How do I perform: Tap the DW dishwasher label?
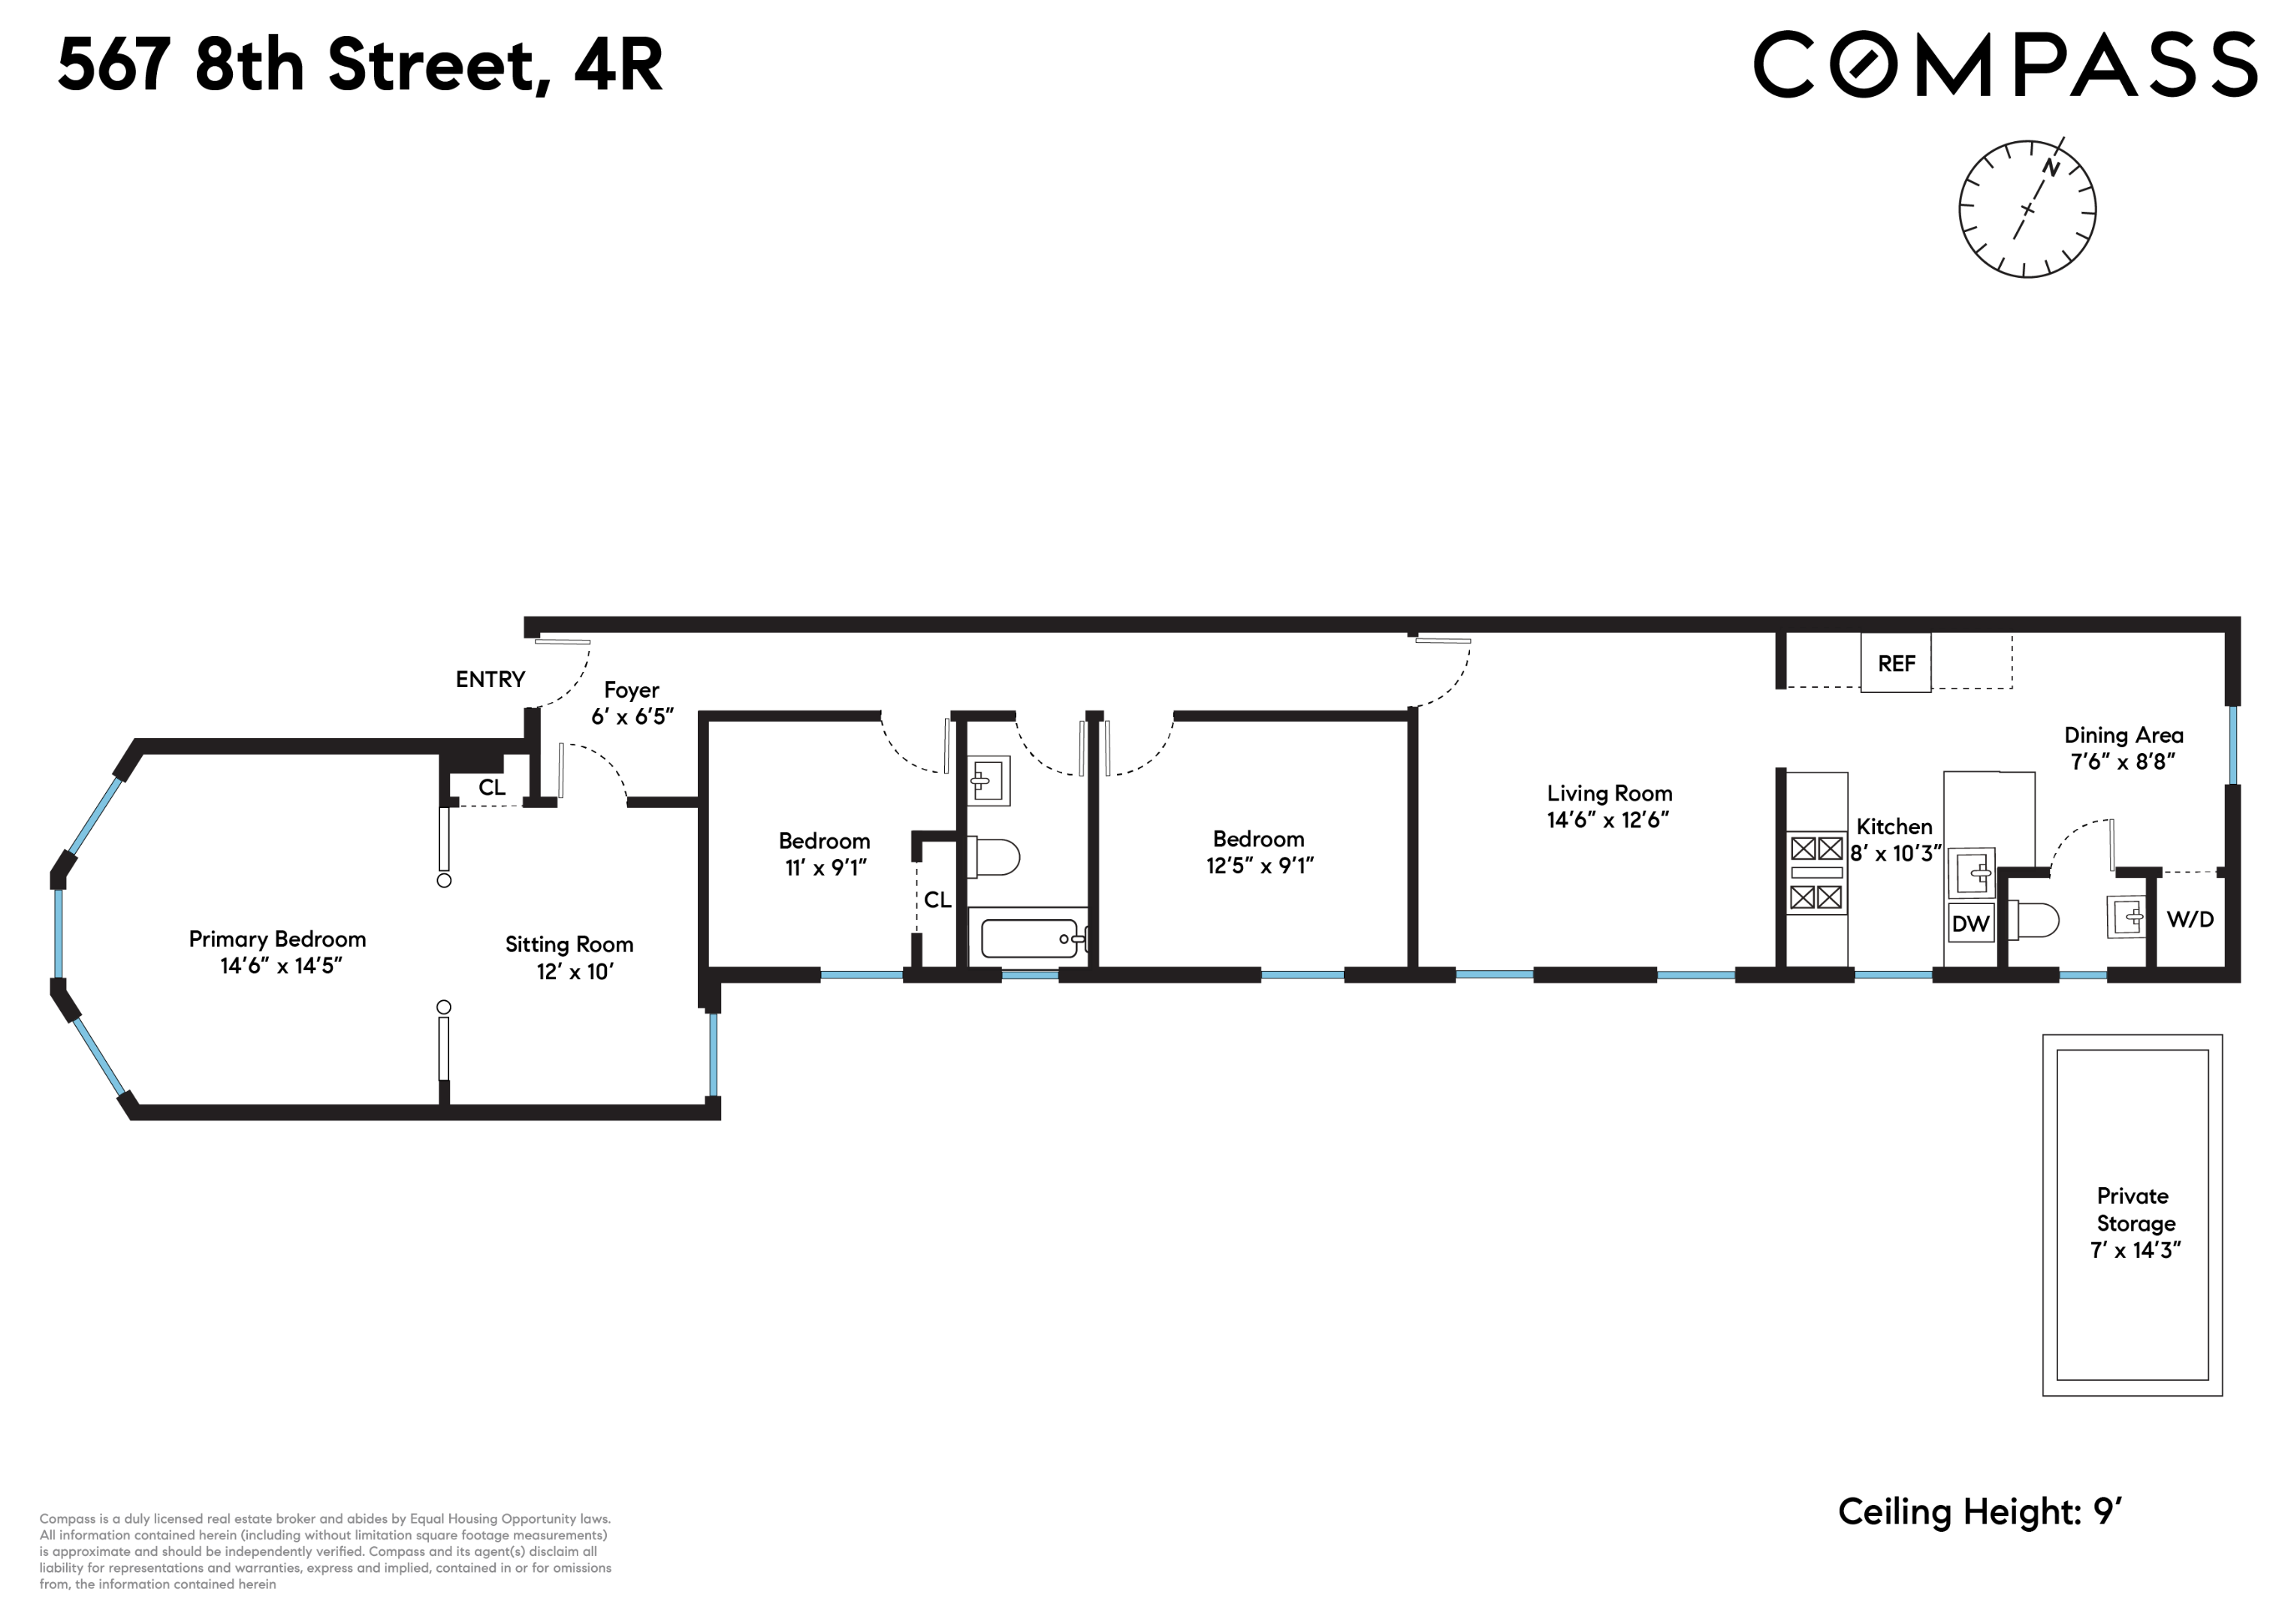pos(1970,924)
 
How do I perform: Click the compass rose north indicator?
pos(2049,167)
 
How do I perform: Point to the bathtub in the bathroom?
pos(1029,939)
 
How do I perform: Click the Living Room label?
pos(1609,793)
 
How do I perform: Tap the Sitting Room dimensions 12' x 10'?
pos(575,972)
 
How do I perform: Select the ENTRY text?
pos(490,679)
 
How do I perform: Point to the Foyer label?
pos(632,690)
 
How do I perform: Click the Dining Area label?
pos(2123,735)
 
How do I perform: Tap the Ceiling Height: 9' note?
pos(1979,1511)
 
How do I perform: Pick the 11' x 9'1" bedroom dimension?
pos(826,868)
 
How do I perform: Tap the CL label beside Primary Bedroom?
pos(491,787)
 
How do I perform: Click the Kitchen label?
pos(1894,827)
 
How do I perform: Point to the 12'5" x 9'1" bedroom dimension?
pos(1259,866)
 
